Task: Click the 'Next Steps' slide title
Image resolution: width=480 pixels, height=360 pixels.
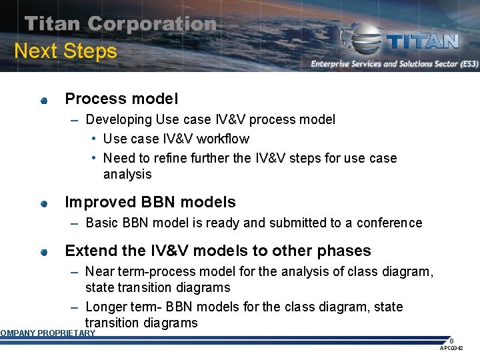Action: (65, 51)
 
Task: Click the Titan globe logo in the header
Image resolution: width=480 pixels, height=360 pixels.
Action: (363, 41)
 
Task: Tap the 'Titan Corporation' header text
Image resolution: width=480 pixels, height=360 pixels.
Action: (121, 24)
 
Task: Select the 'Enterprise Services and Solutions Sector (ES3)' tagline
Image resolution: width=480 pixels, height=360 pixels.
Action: (394, 64)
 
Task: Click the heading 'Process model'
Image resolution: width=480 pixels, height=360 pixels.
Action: (121, 99)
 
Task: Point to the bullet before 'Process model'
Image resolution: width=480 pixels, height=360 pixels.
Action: (43, 101)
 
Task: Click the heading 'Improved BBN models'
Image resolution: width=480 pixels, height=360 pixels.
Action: (150, 202)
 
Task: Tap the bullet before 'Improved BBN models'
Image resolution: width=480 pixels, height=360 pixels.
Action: (43, 203)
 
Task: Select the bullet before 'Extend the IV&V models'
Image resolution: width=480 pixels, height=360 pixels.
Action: (43, 252)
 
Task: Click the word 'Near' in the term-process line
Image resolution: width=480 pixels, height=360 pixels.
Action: (99, 271)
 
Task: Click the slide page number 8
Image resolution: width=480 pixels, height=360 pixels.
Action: (451, 340)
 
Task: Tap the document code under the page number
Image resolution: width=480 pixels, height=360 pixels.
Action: (451, 349)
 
